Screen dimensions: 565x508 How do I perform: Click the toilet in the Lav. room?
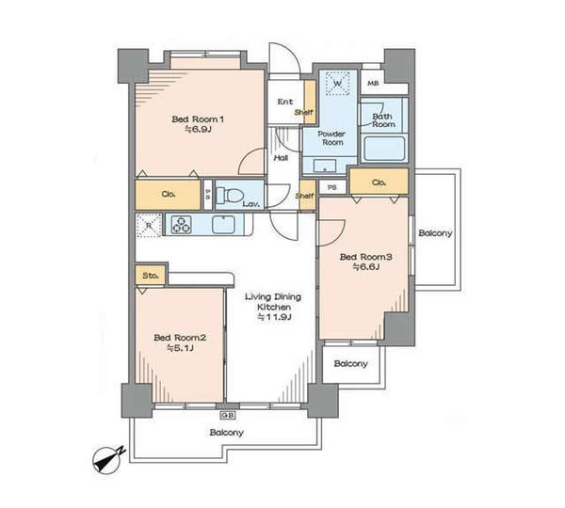(x=230, y=195)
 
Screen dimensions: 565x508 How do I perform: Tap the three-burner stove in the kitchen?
(x=181, y=224)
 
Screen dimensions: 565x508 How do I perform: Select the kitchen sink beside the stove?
(x=224, y=224)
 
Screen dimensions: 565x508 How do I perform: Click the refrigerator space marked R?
(x=149, y=226)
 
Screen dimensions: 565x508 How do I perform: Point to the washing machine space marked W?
(x=338, y=83)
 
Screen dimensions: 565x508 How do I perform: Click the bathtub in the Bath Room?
(x=384, y=149)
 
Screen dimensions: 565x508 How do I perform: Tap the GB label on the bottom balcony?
(x=228, y=416)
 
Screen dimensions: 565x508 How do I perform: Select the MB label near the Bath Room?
(x=373, y=84)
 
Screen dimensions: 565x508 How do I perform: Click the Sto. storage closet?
(x=151, y=276)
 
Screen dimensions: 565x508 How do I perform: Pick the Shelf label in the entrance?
(x=304, y=112)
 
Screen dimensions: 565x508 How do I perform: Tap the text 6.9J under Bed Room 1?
(x=198, y=129)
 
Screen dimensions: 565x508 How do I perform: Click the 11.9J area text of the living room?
(x=274, y=317)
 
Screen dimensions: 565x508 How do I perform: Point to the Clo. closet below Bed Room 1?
(x=168, y=195)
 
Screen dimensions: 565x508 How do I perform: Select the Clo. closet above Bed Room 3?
(x=379, y=183)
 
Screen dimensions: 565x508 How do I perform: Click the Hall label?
(x=281, y=158)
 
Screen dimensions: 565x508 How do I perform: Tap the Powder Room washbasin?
(x=325, y=166)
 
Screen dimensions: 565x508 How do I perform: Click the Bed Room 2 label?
(x=180, y=338)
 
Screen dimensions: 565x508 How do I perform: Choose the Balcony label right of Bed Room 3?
(x=435, y=233)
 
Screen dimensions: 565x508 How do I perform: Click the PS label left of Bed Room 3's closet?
(x=332, y=187)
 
